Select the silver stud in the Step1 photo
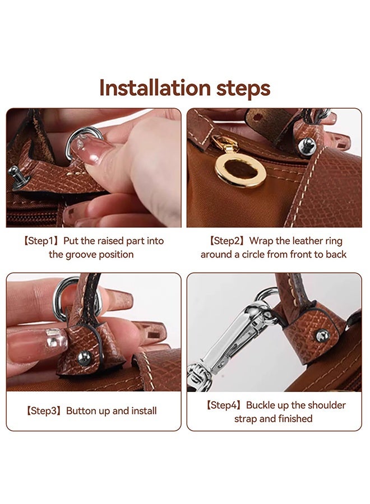(x=14, y=169)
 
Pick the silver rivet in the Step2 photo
(x=307, y=147)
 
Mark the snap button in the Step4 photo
(x=322, y=335)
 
